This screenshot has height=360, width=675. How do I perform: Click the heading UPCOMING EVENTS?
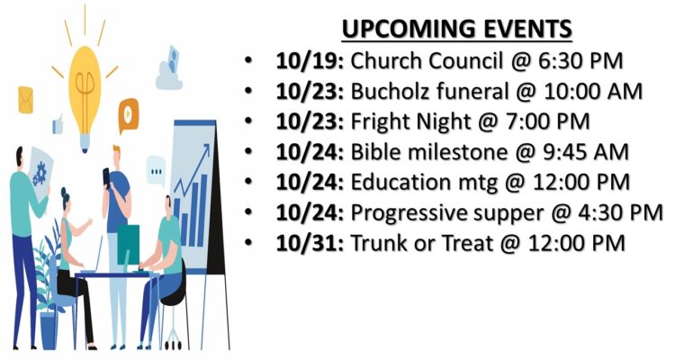pos(456,30)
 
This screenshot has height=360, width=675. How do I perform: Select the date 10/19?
pos(308,61)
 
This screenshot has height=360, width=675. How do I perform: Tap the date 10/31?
pos(308,243)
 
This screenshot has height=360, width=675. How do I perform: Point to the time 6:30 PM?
pos(580,61)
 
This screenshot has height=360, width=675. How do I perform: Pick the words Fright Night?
pos(409,121)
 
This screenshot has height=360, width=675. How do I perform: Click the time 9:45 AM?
pos(586,152)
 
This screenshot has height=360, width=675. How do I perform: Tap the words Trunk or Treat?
pos(421,243)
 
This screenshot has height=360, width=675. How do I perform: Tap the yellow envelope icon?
pos(25,100)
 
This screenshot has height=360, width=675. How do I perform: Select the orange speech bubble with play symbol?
pos(129,114)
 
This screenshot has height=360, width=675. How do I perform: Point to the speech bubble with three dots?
pos(156,171)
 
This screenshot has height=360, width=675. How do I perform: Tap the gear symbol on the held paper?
pos(40,174)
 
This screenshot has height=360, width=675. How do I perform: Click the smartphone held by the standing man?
pos(106,176)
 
